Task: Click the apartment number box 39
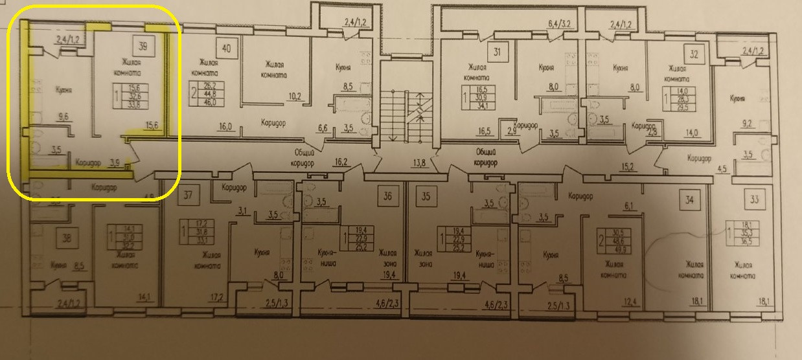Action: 143,47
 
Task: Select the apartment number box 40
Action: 226,48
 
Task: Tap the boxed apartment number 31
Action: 498,52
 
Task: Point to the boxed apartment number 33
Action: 754,199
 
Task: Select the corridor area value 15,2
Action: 627,166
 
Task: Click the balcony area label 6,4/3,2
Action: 562,24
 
